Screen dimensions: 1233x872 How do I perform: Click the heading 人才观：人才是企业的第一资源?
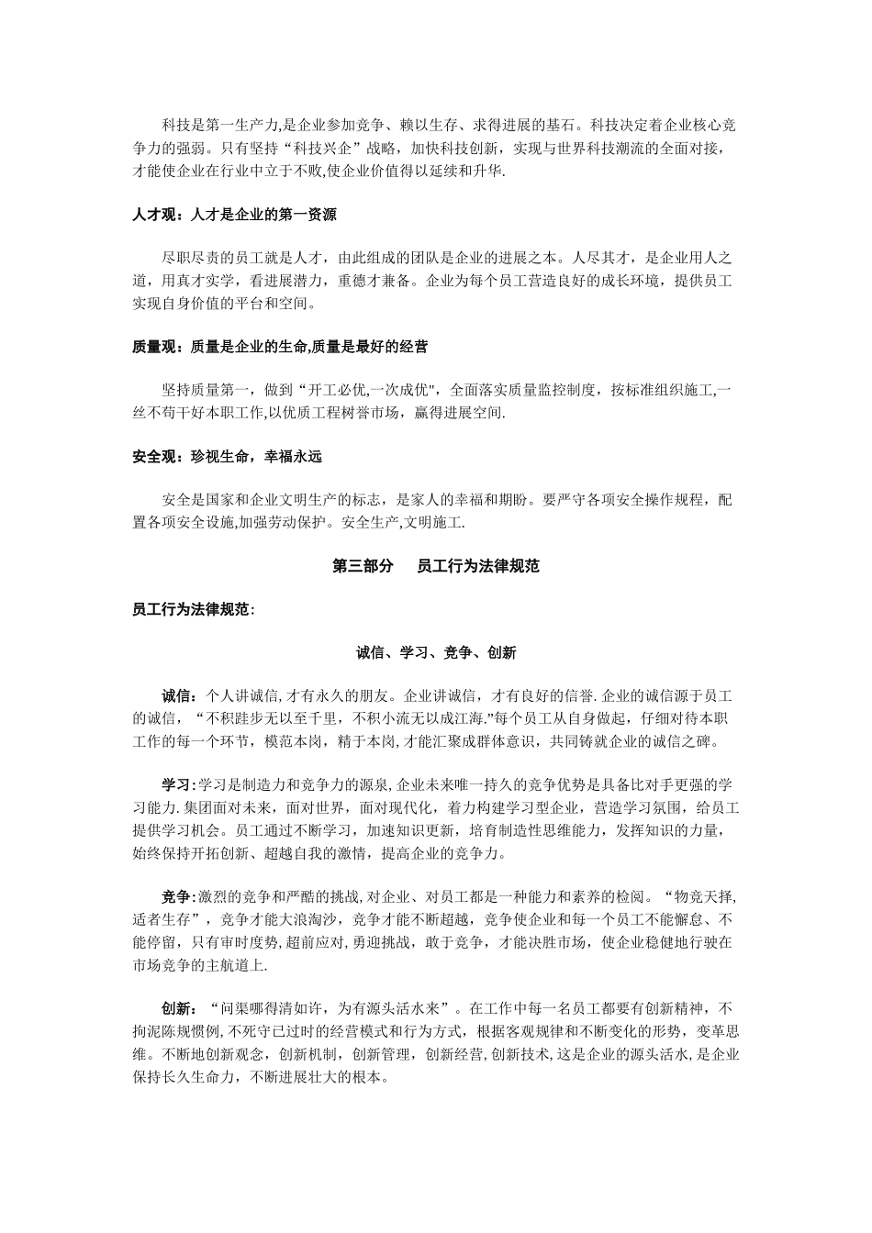(x=234, y=216)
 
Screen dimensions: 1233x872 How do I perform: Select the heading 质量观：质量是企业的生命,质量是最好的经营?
(x=280, y=347)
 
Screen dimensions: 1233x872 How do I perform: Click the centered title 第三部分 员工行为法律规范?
(x=435, y=566)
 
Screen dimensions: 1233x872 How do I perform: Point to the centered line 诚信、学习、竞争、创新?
(x=436, y=652)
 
